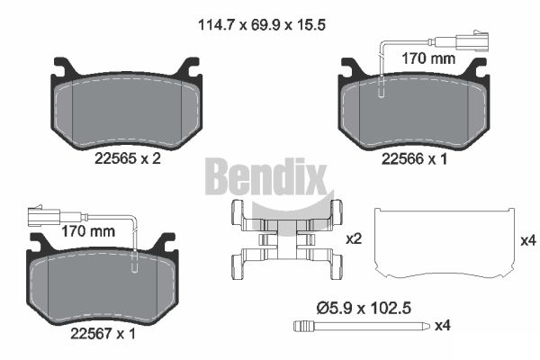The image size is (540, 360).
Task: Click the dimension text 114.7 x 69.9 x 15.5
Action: tap(262, 25)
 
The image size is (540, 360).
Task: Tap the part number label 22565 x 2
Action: tap(128, 158)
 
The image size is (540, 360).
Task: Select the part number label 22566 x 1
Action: tap(414, 158)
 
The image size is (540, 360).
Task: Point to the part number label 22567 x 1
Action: tap(103, 334)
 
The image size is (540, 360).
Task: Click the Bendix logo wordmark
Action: tap(265, 176)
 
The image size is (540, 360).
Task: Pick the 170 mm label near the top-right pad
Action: tap(428, 58)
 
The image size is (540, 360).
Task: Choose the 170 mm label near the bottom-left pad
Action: tap(88, 231)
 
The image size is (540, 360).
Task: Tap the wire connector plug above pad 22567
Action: tap(45, 216)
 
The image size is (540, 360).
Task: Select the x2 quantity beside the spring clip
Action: tap(354, 238)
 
